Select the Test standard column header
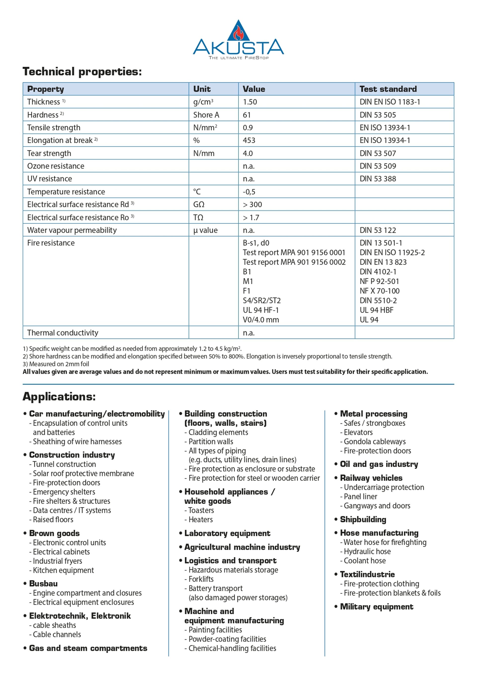[388, 89]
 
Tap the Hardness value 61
[247, 115]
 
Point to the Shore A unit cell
[206, 115]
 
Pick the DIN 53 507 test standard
[377, 153]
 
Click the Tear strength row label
[49, 153]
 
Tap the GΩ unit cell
[199, 204]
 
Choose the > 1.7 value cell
[251, 218]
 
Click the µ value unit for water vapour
[205, 230]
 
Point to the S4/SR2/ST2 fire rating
[261, 300]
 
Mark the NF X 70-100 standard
[379, 291]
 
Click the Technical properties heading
[82, 72]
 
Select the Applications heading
[59, 396]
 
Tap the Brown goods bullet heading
[54, 533]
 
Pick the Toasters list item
[201, 510]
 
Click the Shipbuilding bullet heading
[363, 519]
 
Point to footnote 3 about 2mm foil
[56, 364]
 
